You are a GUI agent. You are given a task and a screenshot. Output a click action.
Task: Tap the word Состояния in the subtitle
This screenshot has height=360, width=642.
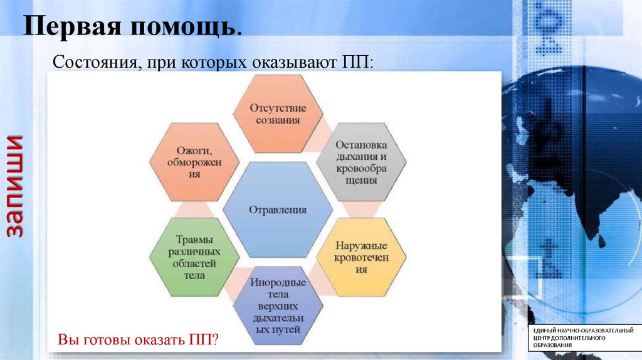(x=97, y=62)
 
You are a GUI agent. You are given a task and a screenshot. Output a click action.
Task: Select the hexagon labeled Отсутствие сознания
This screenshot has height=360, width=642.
(x=278, y=114)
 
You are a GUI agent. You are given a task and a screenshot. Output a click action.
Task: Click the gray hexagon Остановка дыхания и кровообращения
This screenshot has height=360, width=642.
(x=361, y=162)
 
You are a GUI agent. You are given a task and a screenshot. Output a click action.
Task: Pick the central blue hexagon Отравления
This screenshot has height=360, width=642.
(x=278, y=209)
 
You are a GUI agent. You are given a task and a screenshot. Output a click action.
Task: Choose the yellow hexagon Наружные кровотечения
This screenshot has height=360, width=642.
(x=361, y=257)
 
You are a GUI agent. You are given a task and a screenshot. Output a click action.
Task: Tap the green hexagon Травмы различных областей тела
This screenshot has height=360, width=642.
(x=194, y=257)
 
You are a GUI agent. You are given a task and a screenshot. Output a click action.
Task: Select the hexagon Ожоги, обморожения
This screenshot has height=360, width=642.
(x=194, y=162)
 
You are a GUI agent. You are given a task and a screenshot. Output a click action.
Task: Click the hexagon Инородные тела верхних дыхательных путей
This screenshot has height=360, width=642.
(x=278, y=305)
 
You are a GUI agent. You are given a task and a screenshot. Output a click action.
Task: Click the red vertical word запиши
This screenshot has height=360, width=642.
(x=15, y=186)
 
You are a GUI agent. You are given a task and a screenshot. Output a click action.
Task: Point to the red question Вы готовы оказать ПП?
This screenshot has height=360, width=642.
(x=138, y=339)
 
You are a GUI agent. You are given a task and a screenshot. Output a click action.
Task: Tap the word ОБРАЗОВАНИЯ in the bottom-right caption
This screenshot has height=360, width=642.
(x=552, y=345)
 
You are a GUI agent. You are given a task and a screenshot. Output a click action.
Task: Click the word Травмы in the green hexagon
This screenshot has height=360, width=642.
(x=194, y=239)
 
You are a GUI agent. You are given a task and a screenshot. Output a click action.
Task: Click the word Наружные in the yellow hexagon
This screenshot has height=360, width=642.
(x=361, y=246)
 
